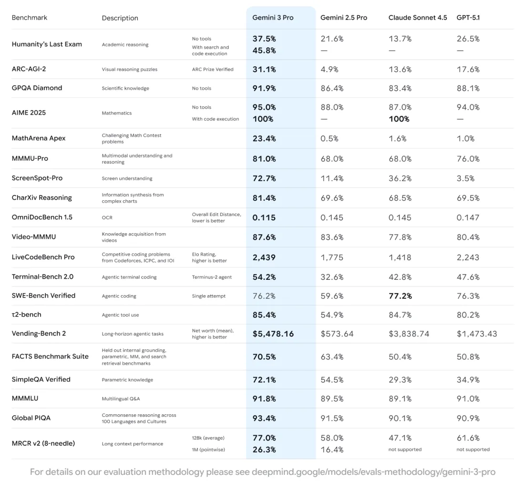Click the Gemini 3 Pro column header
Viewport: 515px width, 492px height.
tap(273, 18)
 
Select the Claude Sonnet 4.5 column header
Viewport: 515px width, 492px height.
tap(418, 18)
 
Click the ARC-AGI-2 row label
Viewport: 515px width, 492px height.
tap(29, 69)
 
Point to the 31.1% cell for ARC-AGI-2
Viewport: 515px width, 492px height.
tap(264, 69)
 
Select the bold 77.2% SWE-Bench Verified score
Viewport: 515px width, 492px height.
tap(401, 296)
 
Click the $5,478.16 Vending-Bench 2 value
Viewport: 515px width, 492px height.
tap(273, 334)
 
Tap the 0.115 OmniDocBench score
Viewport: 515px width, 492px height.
tap(265, 217)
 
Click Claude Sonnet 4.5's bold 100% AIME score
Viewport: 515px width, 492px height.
tap(399, 119)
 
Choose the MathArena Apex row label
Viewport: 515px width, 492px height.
tap(39, 138)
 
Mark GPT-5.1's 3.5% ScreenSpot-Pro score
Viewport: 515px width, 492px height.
tap(465, 178)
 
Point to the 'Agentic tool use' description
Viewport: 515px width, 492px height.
tap(121, 315)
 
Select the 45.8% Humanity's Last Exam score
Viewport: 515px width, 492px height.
tap(264, 51)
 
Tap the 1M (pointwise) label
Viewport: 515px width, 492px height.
tap(208, 450)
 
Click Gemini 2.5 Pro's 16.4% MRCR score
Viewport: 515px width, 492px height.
tap(332, 450)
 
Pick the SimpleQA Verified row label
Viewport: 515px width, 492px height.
tap(41, 379)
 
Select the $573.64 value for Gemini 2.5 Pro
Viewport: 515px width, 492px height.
tap(337, 334)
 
